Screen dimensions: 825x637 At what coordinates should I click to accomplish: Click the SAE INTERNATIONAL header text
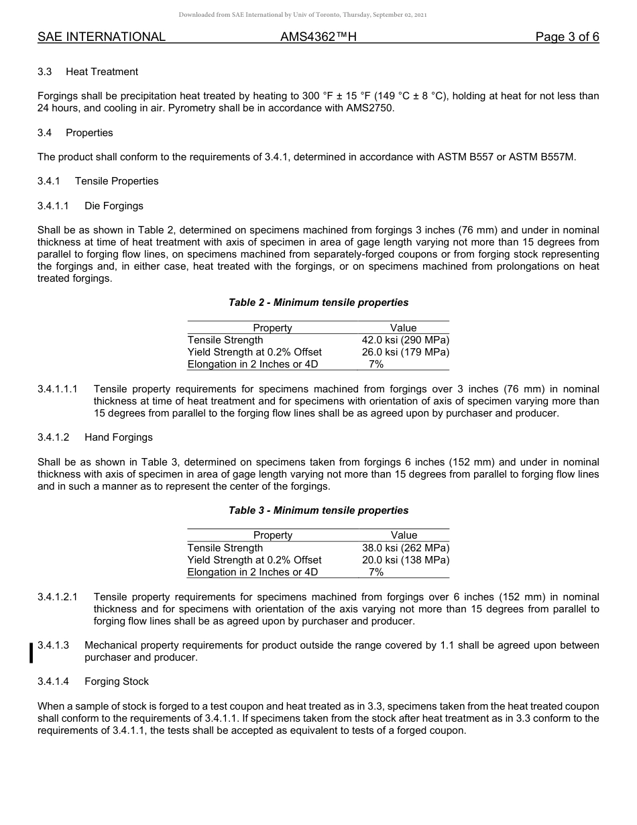click(x=101, y=37)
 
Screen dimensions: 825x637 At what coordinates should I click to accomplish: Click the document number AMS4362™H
click(x=318, y=37)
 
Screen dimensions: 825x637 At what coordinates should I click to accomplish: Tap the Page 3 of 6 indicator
click(x=567, y=37)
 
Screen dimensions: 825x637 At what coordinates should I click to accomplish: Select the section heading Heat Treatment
click(x=102, y=72)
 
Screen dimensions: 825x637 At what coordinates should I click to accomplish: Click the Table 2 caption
click(x=318, y=302)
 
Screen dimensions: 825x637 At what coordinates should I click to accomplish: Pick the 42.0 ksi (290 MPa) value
click(x=405, y=340)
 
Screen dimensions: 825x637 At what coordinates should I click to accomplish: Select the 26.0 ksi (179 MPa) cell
click(x=405, y=352)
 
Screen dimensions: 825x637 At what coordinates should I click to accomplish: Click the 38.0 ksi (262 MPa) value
click(x=405, y=548)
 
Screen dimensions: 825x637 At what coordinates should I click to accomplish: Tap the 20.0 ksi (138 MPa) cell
click(x=405, y=560)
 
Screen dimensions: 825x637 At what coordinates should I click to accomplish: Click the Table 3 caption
click(x=318, y=510)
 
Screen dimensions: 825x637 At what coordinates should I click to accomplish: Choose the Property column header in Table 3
click(x=272, y=535)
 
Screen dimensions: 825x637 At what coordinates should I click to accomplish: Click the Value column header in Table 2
click(x=404, y=328)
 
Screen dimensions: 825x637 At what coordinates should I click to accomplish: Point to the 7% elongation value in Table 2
click(x=376, y=364)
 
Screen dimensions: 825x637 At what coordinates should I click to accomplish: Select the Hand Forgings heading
click(x=119, y=437)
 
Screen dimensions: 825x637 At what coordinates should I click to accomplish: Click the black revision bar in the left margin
click(x=31, y=652)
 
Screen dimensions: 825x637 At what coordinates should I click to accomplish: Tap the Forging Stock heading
click(x=117, y=681)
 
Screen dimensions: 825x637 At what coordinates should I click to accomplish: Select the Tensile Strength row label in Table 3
click(x=225, y=548)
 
